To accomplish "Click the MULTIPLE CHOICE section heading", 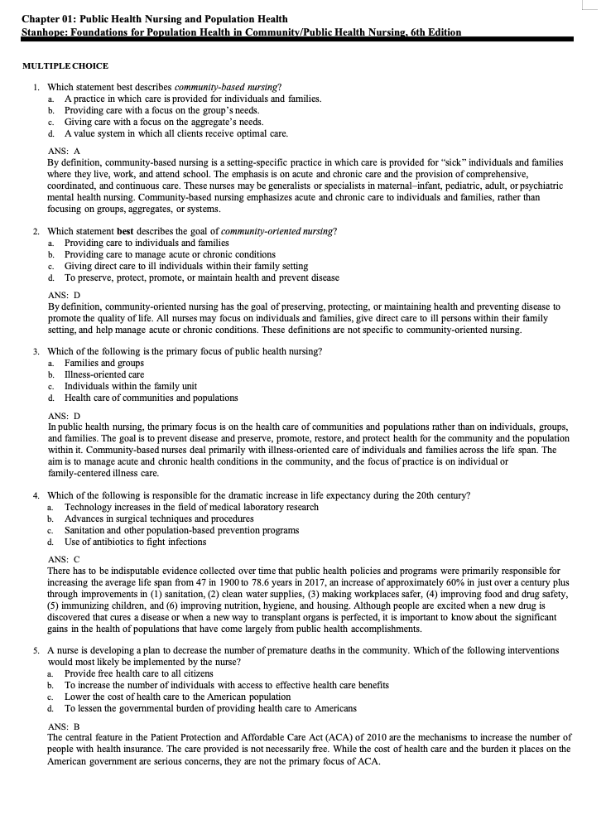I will click(x=65, y=66).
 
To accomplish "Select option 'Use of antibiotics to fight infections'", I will click(x=136, y=542).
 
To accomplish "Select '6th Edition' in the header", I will click(x=434, y=32).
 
